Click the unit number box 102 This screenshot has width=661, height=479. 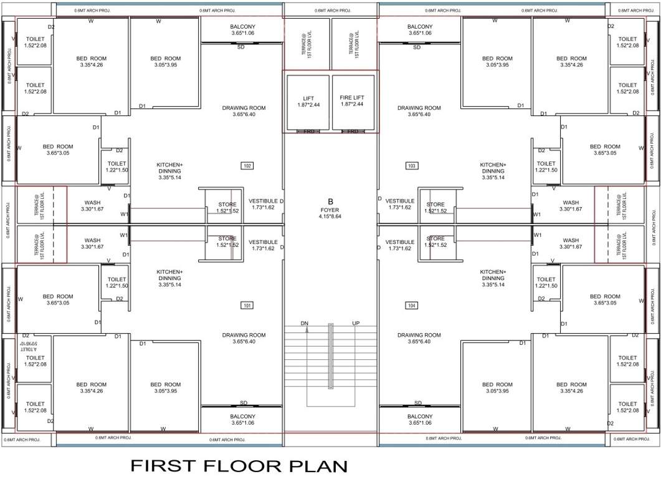coord(247,166)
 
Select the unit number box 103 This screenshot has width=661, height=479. coord(412,166)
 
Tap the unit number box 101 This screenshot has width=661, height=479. coord(247,306)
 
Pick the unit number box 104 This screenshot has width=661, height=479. coord(412,306)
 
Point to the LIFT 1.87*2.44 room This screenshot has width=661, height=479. coord(308,100)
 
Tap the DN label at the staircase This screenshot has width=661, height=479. coord(305,323)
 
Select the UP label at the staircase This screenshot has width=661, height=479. coord(356,323)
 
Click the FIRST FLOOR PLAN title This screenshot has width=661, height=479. coord(239,465)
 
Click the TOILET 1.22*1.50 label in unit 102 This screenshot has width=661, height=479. coord(117,167)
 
